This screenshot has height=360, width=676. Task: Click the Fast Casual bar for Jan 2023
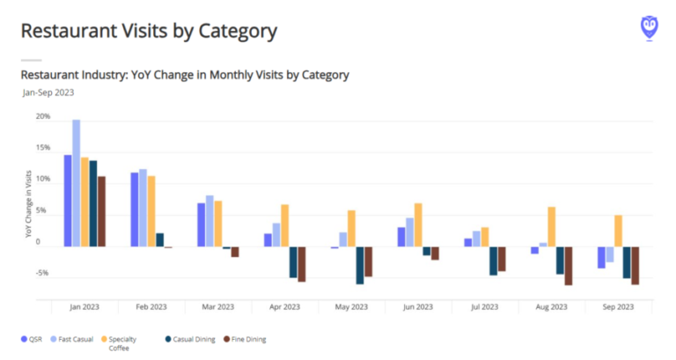(77, 183)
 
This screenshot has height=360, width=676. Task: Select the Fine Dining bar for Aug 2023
(569, 266)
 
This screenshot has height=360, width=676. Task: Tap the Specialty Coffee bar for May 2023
(352, 229)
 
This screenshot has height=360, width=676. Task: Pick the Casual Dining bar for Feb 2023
(159, 239)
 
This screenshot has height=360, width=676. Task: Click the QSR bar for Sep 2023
(601, 257)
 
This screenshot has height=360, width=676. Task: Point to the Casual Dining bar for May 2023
(360, 265)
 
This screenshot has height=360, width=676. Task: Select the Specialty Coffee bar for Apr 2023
(285, 225)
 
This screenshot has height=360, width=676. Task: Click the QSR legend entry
(33, 339)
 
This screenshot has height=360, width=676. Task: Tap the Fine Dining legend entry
(246, 339)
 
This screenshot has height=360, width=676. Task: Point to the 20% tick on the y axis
(43, 117)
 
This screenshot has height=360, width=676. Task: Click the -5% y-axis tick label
(43, 274)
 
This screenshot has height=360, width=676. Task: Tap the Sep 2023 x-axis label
(619, 307)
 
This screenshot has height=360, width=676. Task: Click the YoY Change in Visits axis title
(29, 204)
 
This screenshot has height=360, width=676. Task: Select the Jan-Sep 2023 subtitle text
(48, 92)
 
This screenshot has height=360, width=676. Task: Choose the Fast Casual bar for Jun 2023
(410, 232)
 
